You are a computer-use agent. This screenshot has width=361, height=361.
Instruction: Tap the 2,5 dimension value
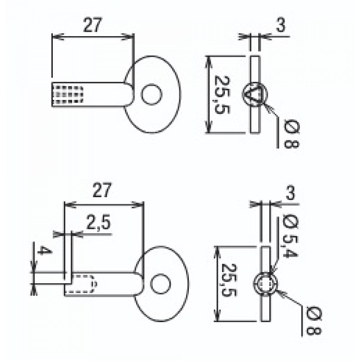[99, 223]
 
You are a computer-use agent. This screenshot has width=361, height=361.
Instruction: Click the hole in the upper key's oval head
[151, 94]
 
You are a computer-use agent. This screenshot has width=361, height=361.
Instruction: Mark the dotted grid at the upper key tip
[68, 94]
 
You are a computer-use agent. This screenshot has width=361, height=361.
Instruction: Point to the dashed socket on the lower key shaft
[82, 284]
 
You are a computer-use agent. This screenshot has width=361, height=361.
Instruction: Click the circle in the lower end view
[265, 284]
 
